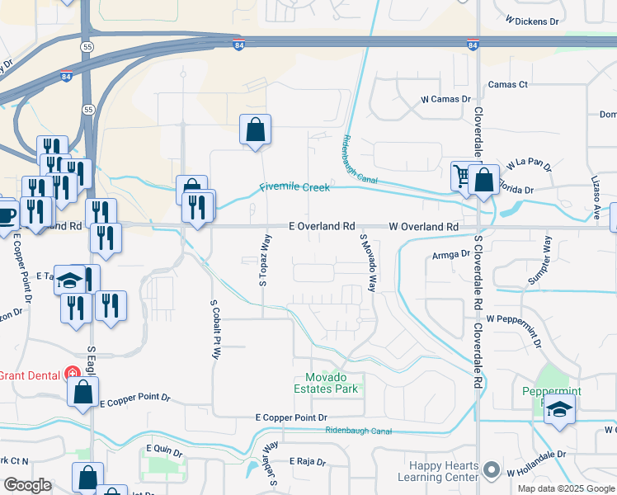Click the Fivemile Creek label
[295, 187]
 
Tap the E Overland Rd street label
[322, 226]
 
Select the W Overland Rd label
[423, 226]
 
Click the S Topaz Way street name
[265, 260]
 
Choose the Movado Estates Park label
[327, 383]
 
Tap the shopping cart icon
[460, 175]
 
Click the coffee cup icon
[6, 215]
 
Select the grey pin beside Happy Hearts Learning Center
[492, 470]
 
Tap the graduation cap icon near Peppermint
[559, 409]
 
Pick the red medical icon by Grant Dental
[73, 374]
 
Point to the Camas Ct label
[507, 85]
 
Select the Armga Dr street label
[450, 256]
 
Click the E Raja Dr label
[308, 462]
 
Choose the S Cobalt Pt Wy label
[215, 329]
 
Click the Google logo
[27, 485]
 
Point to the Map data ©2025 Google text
[565, 488]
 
